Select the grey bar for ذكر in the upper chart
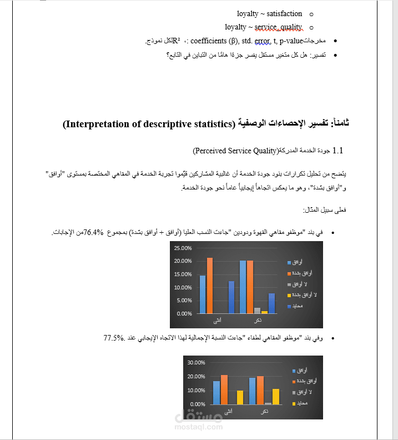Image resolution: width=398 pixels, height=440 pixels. pyautogui.click(x=257, y=311)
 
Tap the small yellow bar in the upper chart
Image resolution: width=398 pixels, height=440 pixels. pyautogui.click(x=265, y=312)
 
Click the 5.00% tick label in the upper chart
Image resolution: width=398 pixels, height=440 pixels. pyautogui.click(x=183, y=301)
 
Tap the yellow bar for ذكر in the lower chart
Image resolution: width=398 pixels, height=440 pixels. pyautogui.click(x=276, y=396)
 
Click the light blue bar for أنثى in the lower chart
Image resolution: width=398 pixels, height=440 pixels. pyautogui.click(x=216, y=392)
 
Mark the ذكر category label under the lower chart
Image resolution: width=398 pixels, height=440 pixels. pyautogui.click(x=265, y=412)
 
